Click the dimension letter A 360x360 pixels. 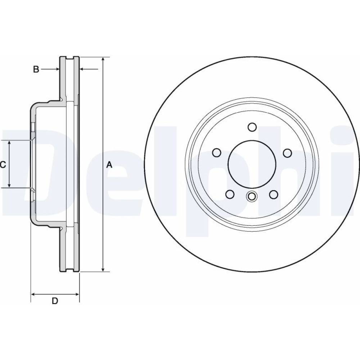click(x=109, y=165)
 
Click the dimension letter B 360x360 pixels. click(x=36, y=69)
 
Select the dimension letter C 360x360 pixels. click(x=3, y=165)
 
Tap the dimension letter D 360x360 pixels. click(x=55, y=301)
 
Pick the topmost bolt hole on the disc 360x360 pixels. click(x=252, y=127)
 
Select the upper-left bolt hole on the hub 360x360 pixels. click(x=217, y=153)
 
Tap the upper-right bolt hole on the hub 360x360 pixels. click(x=287, y=153)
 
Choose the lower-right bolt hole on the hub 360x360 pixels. click(x=274, y=194)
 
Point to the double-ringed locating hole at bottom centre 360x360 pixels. click(x=252, y=197)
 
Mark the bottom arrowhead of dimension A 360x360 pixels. click(x=103, y=269)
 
